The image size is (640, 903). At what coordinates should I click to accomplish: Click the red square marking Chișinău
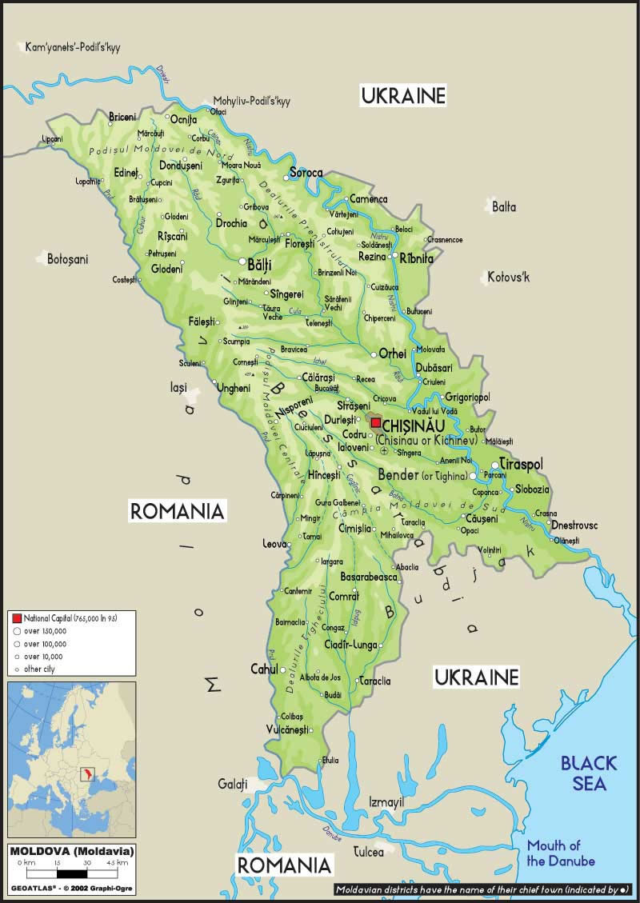click(x=376, y=423)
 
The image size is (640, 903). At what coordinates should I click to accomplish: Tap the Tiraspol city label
click(x=522, y=465)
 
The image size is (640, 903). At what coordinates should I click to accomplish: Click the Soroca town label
click(x=306, y=173)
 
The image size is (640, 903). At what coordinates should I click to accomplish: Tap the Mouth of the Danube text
click(x=561, y=853)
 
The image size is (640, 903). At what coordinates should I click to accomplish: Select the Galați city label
click(x=233, y=784)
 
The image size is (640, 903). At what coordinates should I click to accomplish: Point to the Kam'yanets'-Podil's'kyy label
click(x=73, y=47)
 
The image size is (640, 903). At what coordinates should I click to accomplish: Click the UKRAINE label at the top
click(x=402, y=96)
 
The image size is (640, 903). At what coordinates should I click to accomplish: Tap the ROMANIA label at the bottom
click(x=284, y=865)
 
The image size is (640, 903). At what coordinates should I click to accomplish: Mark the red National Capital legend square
click(x=16, y=618)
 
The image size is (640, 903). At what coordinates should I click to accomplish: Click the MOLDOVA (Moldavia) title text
click(x=72, y=850)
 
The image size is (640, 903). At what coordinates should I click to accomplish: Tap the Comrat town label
click(x=345, y=597)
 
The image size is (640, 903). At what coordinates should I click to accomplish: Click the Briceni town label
click(x=122, y=117)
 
